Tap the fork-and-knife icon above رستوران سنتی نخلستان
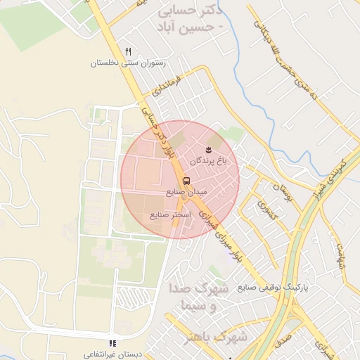127,51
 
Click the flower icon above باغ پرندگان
208,150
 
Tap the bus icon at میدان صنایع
186,179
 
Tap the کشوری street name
268,210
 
